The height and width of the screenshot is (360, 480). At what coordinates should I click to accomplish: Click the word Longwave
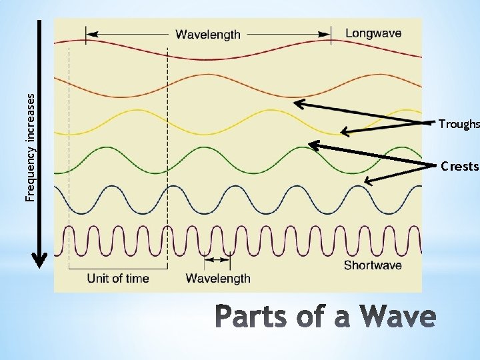click(373, 33)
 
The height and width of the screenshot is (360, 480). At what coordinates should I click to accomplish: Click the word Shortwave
click(372, 265)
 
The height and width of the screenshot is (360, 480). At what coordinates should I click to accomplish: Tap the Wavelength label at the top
click(207, 35)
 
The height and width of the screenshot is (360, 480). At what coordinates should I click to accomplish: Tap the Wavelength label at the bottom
click(218, 278)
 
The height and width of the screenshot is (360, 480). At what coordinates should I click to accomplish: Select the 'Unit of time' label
click(118, 278)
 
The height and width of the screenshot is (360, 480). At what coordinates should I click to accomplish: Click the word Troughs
click(459, 124)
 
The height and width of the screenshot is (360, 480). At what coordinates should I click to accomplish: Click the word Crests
click(459, 166)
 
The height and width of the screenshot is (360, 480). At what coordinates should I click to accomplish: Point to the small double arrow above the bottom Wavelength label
click(217, 259)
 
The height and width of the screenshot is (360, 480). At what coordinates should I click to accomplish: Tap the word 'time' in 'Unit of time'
click(137, 278)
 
